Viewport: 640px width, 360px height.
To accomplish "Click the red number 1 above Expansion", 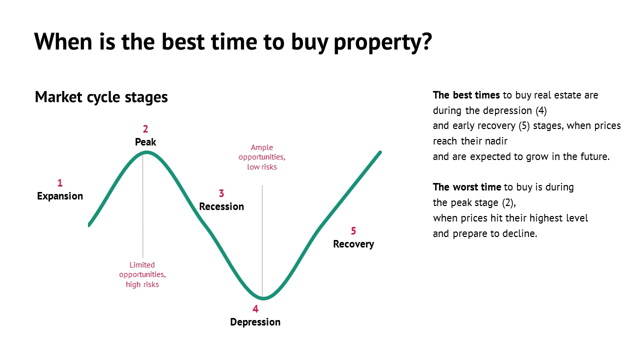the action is click(60, 183).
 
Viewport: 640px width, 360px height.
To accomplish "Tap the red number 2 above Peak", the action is click(145, 129).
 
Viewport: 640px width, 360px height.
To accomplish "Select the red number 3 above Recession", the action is click(221, 193).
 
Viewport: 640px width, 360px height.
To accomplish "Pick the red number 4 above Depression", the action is click(255, 309).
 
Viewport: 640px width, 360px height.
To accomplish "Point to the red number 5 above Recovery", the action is click(353, 231).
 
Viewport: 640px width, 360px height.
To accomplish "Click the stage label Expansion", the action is click(60, 196).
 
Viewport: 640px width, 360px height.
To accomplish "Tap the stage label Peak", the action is click(145, 142).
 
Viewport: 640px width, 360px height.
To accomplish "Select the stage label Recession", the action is click(221, 206).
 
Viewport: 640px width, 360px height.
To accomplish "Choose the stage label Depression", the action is click(255, 322).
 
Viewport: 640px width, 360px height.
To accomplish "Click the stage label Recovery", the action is click(353, 244).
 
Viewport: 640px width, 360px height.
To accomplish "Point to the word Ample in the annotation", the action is click(261, 147).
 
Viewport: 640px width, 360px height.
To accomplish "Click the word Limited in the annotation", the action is click(142, 265).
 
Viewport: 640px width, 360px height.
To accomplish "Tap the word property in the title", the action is click(383, 42).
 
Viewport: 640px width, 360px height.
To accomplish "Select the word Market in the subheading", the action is click(58, 97).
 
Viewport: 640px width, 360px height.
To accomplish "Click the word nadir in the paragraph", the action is click(498, 141).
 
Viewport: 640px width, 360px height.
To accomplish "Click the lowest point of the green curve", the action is click(263, 298).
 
